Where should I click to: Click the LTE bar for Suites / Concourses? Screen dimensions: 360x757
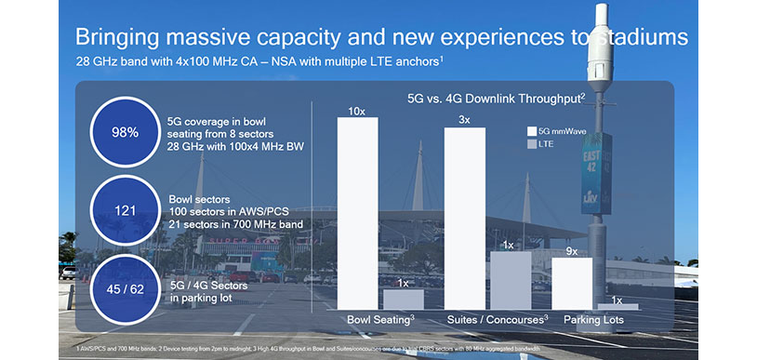[510, 280]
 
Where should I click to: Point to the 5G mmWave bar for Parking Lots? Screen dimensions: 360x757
[572, 283]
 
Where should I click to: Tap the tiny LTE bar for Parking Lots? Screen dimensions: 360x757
[624, 306]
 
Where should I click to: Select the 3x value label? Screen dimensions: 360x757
[465, 119]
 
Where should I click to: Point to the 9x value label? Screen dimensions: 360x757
[572, 250]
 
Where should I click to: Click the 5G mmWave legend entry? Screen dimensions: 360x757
[563, 131]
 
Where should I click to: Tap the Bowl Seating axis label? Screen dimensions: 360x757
[379, 320]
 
